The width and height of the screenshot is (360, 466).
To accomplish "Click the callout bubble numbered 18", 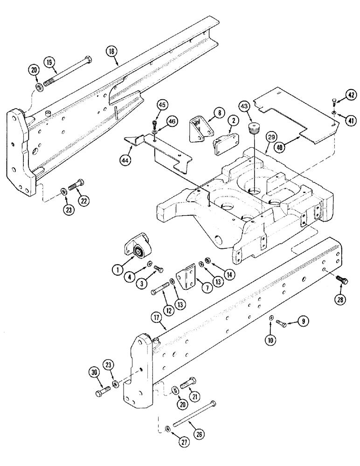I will pos(111,52).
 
